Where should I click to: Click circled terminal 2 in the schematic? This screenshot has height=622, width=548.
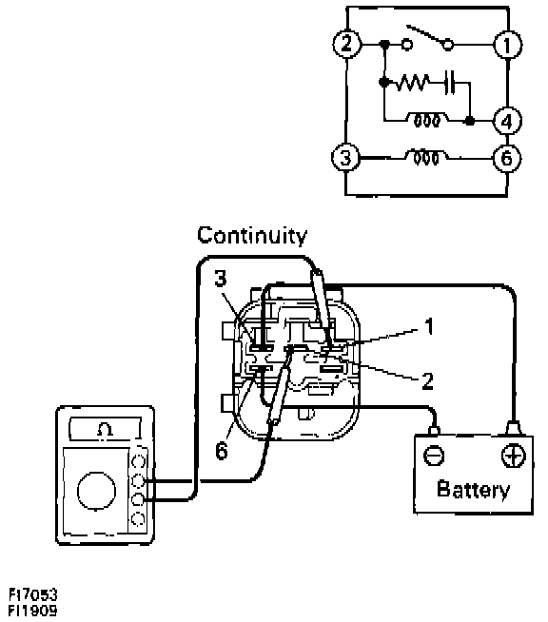347,43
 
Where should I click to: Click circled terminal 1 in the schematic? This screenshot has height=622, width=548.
507,45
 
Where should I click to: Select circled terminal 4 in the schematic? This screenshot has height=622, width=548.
507,121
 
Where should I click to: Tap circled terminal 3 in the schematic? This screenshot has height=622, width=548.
345,158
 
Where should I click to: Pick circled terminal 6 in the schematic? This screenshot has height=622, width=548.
507,158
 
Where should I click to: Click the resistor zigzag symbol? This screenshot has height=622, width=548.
413,83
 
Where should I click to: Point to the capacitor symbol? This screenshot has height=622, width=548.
450,83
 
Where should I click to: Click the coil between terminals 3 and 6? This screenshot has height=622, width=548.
426,157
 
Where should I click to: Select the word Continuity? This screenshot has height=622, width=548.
252,235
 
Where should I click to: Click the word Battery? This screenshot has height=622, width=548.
473,490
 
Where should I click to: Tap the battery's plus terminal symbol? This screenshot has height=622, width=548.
514,457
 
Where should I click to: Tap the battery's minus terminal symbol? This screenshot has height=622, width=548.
434,456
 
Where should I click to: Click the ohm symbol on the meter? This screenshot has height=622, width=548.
105,429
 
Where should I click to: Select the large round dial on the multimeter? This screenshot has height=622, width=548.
96,491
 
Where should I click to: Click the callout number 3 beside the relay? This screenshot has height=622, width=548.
221,278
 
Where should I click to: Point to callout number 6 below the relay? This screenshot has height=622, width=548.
222,450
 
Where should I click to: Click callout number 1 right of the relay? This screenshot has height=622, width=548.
428,327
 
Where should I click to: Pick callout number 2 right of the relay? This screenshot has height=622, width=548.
427,380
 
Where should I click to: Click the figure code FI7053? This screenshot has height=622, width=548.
33,595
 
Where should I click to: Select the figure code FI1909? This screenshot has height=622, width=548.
33,610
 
